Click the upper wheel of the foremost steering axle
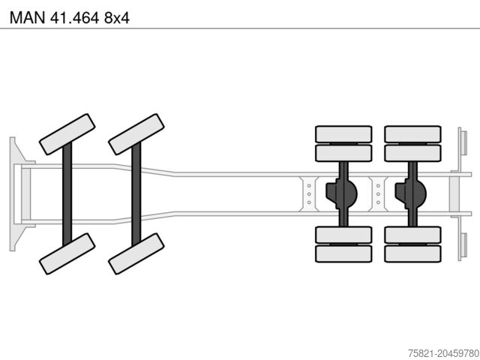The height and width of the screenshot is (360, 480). pyautogui.click(x=67, y=133)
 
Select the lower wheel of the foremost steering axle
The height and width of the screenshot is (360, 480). pyautogui.click(x=67, y=253)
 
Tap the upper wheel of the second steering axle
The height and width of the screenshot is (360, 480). pyautogui.click(x=136, y=133)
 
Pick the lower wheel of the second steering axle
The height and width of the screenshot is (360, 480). pyautogui.click(x=136, y=253)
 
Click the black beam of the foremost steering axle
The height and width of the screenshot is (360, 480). pyautogui.click(x=67, y=193)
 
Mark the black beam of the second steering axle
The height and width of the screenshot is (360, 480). pyautogui.click(x=136, y=193)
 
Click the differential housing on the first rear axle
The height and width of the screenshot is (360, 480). pyautogui.click(x=341, y=193)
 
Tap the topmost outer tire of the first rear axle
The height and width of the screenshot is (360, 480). pyautogui.click(x=343, y=133)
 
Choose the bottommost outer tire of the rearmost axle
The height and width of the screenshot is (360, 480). pyautogui.click(x=412, y=253)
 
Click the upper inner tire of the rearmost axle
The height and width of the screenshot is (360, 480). pyautogui.click(x=412, y=153)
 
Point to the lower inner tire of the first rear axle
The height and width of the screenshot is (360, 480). pyautogui.click(x=343, y=234)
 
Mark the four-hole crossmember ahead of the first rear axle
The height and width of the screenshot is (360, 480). pyautogui.click(x=308, y=193)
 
